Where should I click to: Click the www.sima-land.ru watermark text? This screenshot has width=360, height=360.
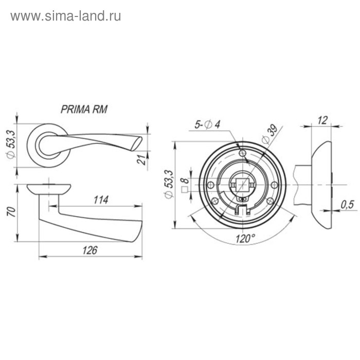pos(66,16)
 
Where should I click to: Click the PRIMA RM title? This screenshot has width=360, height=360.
pos(84,109)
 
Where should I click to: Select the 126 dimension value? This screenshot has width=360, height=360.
pos(90,250)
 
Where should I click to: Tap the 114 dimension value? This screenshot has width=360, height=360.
pos(101,200)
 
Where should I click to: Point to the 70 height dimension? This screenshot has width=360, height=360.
pos(11,212)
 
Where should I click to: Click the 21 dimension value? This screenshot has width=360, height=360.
pos(142,160)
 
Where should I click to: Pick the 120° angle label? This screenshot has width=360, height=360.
pos(245,239)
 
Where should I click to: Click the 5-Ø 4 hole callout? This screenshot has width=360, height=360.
pos(207,124)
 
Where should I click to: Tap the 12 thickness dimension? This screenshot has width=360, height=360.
pos(322,120)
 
